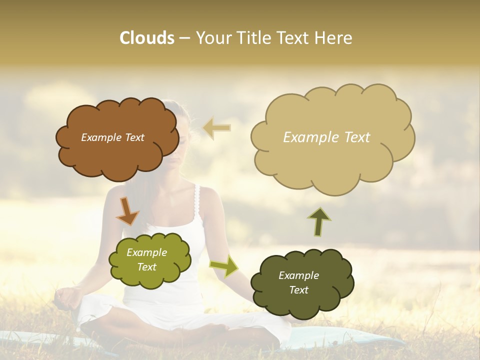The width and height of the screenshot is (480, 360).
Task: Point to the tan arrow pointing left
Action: [x=217, y=128]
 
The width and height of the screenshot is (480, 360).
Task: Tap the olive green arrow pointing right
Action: [x=223, y=265]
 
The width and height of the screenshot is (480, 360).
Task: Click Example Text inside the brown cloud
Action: [x=112, y=137]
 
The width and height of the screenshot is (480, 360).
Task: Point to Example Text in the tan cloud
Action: [x=326, y=137]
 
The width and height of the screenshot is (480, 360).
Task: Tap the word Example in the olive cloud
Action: [x=146, y=252]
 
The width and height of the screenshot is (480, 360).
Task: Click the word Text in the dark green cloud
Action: [x=298, y=290]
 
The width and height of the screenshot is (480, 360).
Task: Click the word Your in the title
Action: [x=210, y=37]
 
